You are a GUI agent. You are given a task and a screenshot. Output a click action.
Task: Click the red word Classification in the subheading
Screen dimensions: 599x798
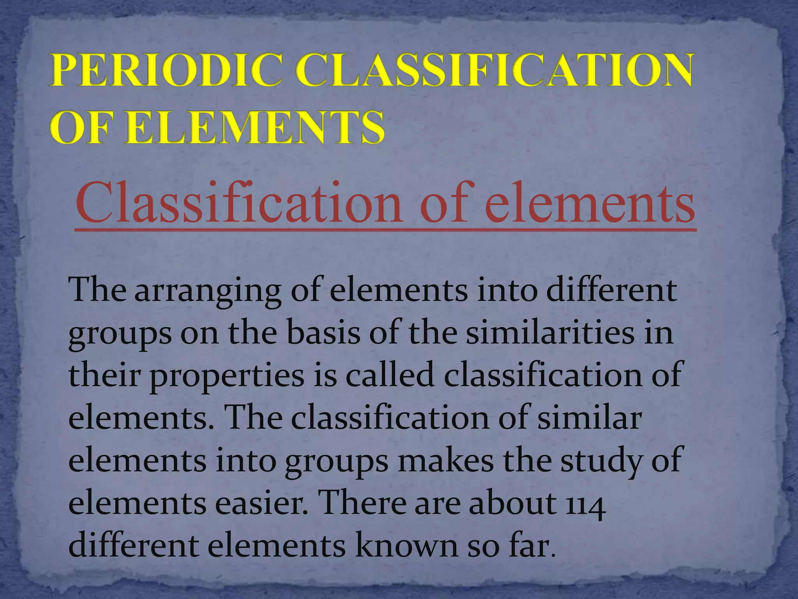pos(238,204)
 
